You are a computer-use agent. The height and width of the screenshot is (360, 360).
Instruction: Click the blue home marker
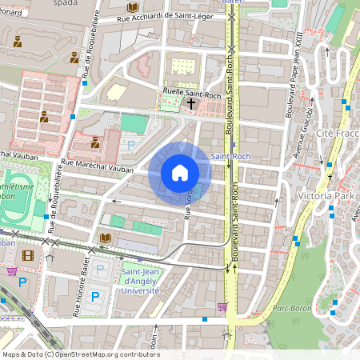180,173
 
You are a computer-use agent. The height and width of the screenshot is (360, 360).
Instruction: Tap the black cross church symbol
191,104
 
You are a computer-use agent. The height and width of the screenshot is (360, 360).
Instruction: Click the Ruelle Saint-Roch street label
191,92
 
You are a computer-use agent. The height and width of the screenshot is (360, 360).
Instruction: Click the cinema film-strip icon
29,255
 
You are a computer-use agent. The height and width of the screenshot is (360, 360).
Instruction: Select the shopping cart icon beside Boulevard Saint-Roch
222,306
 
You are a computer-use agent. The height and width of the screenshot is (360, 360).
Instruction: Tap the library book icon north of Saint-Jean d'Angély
106,238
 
